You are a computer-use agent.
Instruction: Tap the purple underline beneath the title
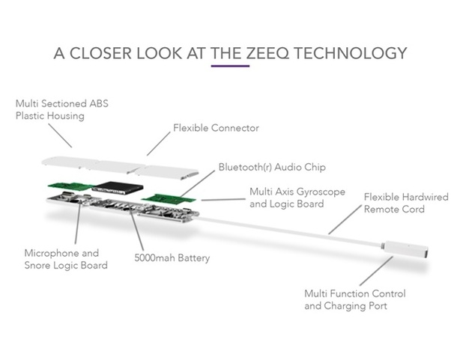click(229, 67)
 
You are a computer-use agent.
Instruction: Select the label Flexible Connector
click(216, 128)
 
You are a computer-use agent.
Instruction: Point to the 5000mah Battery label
click(172, 258)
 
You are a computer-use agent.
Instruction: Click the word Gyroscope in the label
click(318, 192)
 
